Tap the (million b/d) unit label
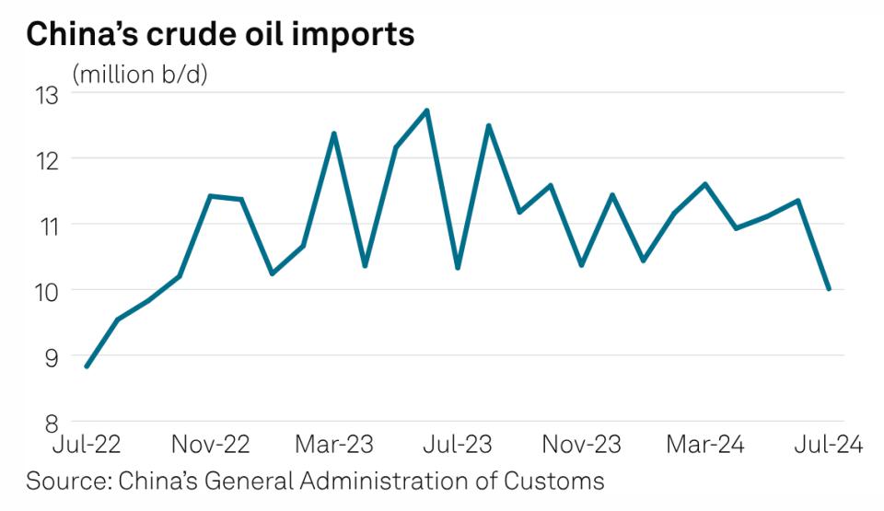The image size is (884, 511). (x=140, y=75)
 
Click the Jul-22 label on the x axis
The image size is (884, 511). (x=87, y=445)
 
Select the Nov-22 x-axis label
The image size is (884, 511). (x=211, y=445)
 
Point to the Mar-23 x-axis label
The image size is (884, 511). (x=334, y=445)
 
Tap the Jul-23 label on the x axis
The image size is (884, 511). (x=458, y=445)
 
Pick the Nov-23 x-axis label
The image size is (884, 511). (x=581, y=445)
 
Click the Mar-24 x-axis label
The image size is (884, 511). (x=704, y=445)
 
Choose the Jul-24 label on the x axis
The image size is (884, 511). (x=828, y=445)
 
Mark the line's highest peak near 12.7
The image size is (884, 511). (x=427, y=110)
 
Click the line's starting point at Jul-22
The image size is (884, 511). (x=87, y=366)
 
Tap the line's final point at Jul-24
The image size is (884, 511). (x=829, y=289)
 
